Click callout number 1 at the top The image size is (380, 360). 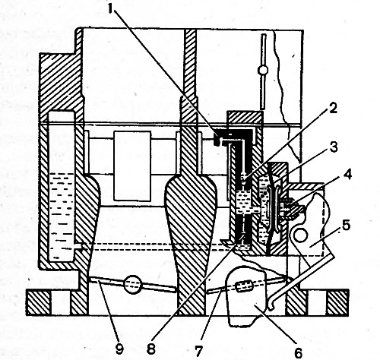click(x=109, y=9)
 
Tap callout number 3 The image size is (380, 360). click(x=334, y=147)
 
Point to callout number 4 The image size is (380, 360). click(x=348, y=175)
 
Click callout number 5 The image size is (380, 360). click(x=346, y=226)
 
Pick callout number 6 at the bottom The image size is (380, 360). click(x=298, y=352)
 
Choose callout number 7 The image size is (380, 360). click(x=198, y=351)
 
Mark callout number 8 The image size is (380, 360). click(x=151, y=349)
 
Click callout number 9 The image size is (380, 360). click(x=119, y=349)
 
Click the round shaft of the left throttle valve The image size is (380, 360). click(x=132, y=284)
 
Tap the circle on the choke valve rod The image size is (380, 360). click(x=263, y=70)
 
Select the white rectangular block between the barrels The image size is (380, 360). click(x=132, y=166)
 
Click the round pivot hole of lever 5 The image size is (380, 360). click(x=300, y=235)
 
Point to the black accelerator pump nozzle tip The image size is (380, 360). click(x=216, y=139)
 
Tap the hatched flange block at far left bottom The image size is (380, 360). click(x=39, y=303)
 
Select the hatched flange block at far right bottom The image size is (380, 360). click(x=338, y=303)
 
